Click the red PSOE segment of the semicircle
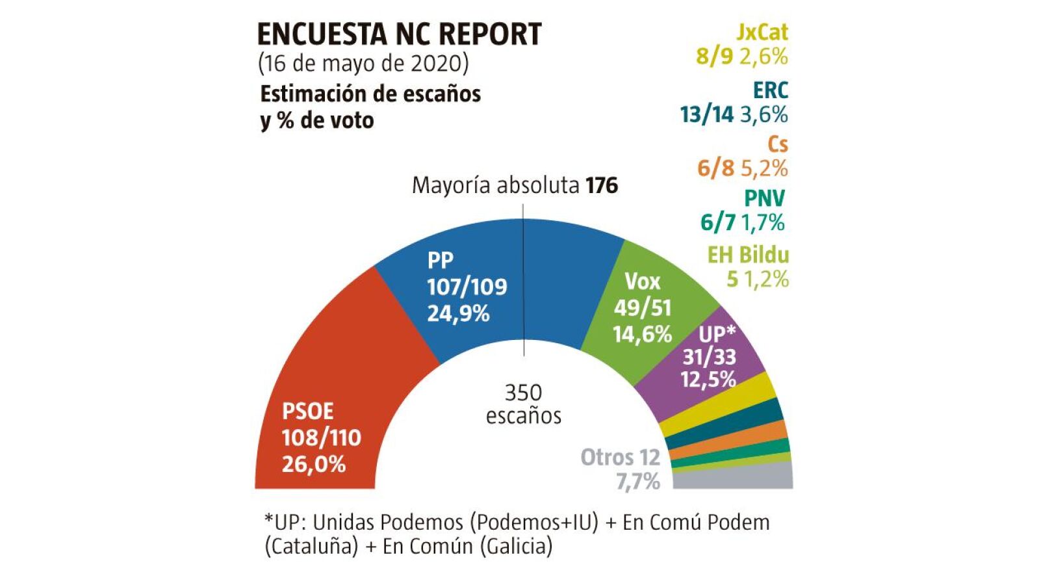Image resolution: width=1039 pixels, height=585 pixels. (325, 364)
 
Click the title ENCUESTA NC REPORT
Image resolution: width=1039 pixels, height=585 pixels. (399, 34)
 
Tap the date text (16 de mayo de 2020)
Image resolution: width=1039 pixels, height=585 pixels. (363, 64)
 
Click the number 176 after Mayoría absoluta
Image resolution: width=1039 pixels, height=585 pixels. (602, 186)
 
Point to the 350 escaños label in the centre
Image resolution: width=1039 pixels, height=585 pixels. (523, 404)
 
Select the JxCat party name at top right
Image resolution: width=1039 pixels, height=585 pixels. (762, 32)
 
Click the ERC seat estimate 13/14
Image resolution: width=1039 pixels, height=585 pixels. (706, 115)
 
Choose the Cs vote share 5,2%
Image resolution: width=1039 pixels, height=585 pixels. (764, 169)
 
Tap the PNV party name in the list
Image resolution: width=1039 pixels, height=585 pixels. (764, 198)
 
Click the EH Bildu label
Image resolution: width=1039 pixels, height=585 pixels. (748, 255)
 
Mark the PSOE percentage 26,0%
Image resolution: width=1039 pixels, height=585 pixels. (313, 464)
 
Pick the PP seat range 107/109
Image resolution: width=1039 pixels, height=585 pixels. (467, 287)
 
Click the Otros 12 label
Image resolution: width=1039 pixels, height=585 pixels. (620, 458)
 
